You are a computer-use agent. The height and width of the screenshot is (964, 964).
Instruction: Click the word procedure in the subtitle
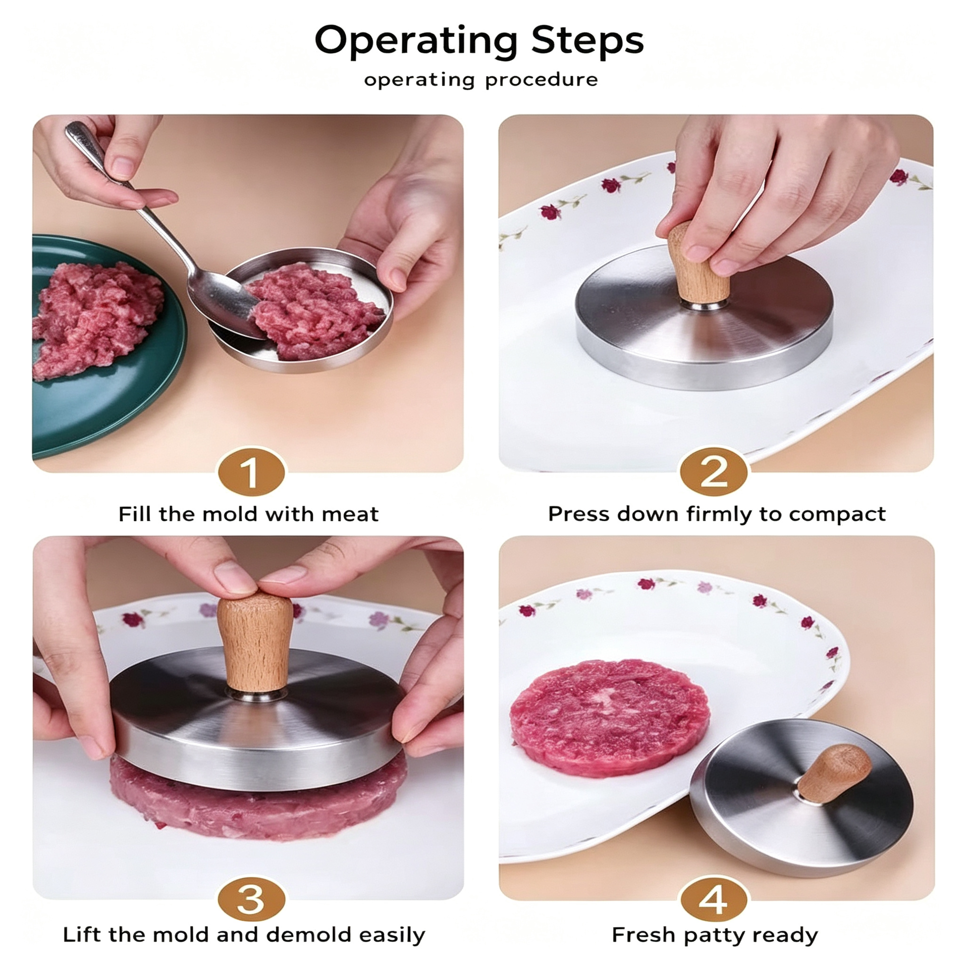(541, 80)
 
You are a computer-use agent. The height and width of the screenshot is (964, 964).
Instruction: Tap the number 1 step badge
(251, 472)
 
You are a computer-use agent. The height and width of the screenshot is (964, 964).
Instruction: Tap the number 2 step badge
(713, 472)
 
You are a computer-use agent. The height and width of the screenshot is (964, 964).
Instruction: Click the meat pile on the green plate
(95, 320)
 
